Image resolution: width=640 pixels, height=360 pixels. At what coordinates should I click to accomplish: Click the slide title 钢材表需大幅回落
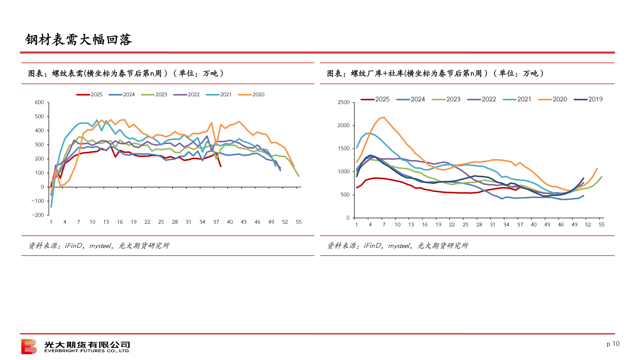(79, 40)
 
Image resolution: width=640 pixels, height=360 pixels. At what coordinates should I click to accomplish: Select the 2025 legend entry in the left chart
(89, 95)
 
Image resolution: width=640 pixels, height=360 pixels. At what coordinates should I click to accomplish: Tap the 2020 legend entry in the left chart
(251, 95)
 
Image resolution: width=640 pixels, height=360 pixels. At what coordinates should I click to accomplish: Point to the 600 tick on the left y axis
(39, 102)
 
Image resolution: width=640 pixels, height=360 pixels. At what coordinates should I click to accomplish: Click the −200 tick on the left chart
(38, 215)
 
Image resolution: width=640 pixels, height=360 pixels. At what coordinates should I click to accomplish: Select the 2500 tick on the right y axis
(343, 102)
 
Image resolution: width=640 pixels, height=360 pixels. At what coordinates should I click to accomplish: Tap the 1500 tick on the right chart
(343, 148)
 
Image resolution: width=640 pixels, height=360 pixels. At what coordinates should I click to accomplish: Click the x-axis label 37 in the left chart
(216, 222)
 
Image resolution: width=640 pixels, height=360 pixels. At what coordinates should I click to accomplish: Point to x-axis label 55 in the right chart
(601, 225)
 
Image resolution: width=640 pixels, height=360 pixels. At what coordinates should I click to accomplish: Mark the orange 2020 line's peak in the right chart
(384, 117)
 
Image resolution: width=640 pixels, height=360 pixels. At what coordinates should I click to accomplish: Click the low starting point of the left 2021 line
(51, 207)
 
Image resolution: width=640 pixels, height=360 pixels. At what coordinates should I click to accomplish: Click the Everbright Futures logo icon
(29, 346)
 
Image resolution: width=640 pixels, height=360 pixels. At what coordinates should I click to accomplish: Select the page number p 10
(613, 344)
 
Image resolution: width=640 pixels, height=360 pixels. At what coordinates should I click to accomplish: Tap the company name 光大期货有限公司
(87, 344)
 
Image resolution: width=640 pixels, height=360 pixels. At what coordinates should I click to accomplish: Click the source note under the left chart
(99, 246)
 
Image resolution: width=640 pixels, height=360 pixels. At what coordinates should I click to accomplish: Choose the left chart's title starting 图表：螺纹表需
(126, 73)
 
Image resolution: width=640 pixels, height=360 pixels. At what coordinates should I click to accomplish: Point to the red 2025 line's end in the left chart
(221, 166)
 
